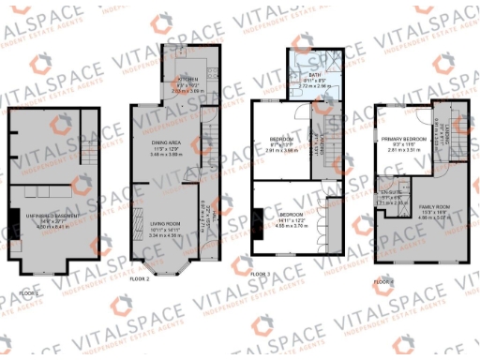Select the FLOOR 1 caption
click(x=29, y=292)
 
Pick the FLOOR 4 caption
click(x=384, y=279)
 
